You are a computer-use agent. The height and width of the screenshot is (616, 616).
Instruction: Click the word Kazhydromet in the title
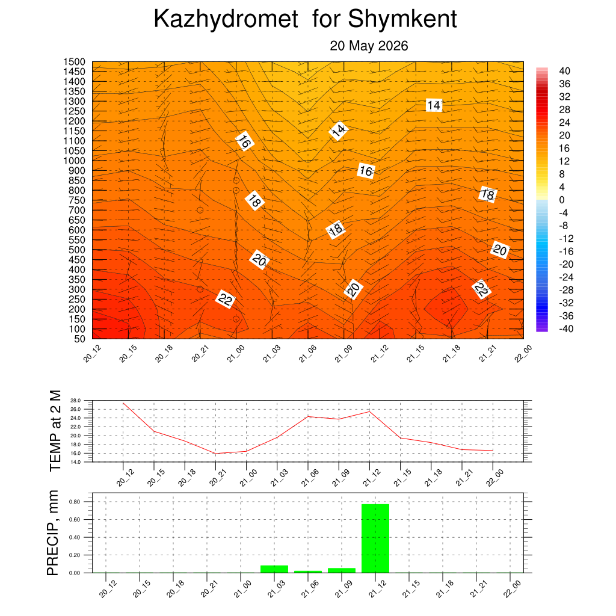pyautogui.click(x=226, y=19)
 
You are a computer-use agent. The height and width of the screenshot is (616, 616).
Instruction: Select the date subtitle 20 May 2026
pyautogui.click(x=369, y=46)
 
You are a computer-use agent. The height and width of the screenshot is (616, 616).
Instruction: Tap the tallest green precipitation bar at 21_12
pyautogui.click(x=375, y=538)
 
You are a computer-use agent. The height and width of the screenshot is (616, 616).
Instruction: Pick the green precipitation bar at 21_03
pyautogui.click(x=274, y=569)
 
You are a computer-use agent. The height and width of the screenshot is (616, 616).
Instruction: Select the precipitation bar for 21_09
pyautogui.click(x=342, y=570)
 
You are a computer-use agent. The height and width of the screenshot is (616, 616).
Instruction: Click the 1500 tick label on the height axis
pyautogui.click(x=74, y=62)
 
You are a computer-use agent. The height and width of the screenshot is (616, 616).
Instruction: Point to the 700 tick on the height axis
pyautogui.click(x=77, y=210)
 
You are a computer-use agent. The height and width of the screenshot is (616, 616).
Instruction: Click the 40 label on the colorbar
pyautogui.click(x=564, y=71)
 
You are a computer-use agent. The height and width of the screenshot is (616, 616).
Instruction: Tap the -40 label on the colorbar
pyautogui.click(x=566, y=329)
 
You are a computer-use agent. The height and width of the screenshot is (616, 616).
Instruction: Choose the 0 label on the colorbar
pyautogui.click(x=562, y=200)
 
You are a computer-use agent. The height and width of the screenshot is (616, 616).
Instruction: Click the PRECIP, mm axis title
pyautogui.click(x=53, y=533)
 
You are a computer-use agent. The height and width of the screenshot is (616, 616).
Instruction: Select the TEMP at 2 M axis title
pyautogui.click(x=55, y=431)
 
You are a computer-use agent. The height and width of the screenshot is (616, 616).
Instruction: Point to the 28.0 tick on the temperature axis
pyautogui.click(x=75, y=400)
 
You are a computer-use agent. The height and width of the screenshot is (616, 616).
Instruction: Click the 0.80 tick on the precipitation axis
pyautogui.click(x=75, y=502)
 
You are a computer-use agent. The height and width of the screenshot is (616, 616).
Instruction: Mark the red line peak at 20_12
pyautogui.click(x=123, y=403)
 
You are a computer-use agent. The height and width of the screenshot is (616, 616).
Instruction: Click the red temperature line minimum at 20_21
pyautogui.click(x=215, y=454)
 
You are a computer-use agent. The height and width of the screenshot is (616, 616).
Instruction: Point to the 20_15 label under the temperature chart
pyautogui.click(x=156, y=478)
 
